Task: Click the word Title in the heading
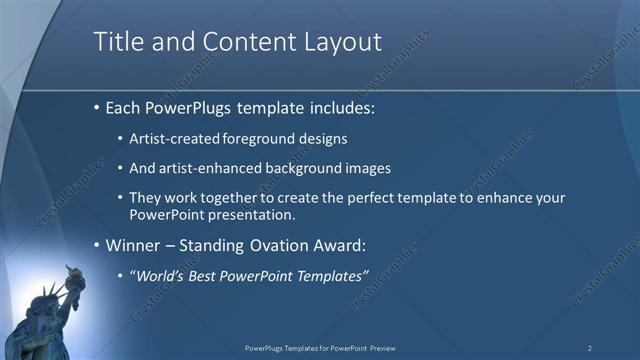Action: point(118,42)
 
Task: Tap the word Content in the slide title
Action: point(241,42)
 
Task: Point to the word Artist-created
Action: point(171,138)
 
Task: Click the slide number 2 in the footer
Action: point(589,348)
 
